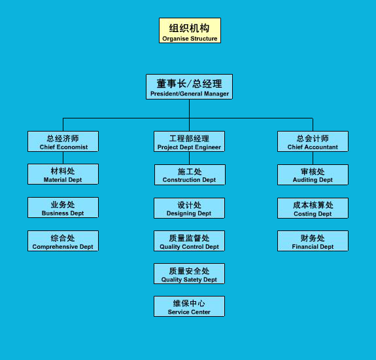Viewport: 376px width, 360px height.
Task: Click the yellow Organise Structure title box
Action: click(190, 31)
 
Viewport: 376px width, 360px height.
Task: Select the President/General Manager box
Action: click(189, 86)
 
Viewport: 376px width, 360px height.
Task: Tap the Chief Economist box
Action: click(63, 141)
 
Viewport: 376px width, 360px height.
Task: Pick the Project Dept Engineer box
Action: click(189, 141)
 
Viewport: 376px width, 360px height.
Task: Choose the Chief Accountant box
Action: click(313, 141)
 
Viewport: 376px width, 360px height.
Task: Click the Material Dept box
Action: click(63, 174)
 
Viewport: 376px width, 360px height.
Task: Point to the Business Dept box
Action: click(63, 207)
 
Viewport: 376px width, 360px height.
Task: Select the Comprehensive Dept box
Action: click(63, 241)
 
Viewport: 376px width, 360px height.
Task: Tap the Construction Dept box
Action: click(190, 175)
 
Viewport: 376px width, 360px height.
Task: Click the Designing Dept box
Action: click(189, 208)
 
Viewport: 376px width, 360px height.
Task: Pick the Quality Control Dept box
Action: click(189, 241)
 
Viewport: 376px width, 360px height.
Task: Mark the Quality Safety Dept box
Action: click(189, 274)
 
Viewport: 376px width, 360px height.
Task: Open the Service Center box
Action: click(189, 306)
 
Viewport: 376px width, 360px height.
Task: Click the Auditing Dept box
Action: click(313, 175)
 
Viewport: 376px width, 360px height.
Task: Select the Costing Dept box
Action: click(313, 208)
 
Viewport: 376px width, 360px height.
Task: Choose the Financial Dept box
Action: click(313, 241)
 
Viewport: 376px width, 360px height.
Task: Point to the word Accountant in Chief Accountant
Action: click(321, 147)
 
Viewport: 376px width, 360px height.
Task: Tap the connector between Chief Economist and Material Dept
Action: click(63, 158)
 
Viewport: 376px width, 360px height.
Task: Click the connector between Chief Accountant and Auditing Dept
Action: click(313, 158)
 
